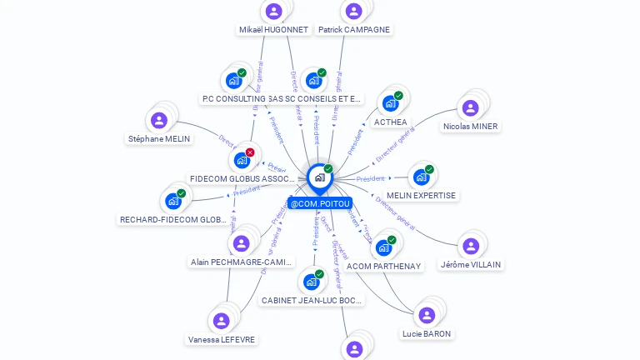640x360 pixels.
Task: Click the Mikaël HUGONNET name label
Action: click(x=273, y=30)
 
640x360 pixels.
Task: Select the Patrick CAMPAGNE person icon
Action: click(x=353, y=11)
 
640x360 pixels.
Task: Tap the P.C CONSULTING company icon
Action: click(x=232, y=81)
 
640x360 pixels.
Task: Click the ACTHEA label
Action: click(x=390, y=122)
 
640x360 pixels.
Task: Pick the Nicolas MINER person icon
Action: click(x=470, y=107)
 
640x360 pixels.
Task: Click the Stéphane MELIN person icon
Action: click(x=159, y=120)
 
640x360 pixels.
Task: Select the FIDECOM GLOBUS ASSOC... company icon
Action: click(x=241, y=159)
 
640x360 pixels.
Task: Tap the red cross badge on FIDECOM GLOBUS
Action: click(x=249, y=152)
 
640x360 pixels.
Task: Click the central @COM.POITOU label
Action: click(x=320, y=203)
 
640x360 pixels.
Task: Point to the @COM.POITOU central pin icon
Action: click(x=319, y=177)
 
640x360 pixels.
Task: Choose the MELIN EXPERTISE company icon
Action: click(x=421, y=177)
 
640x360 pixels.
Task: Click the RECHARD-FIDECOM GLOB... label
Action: click(x=173, y=220)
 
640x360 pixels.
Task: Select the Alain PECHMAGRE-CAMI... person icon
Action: click(x=241, y=243)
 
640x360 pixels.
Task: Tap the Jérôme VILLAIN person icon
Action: click(x=470, y=246)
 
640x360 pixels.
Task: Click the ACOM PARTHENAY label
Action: click(x=384, y=267)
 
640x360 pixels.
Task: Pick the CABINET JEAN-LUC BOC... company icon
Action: click(x=311, y=282)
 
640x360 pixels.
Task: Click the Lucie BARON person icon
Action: click(x=427, y=315)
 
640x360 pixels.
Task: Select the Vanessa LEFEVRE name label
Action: click(x=221, y=340)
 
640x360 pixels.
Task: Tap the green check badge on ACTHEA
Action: click(x=398, y=96)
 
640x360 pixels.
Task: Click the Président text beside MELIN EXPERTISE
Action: click(x=370, y=178)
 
